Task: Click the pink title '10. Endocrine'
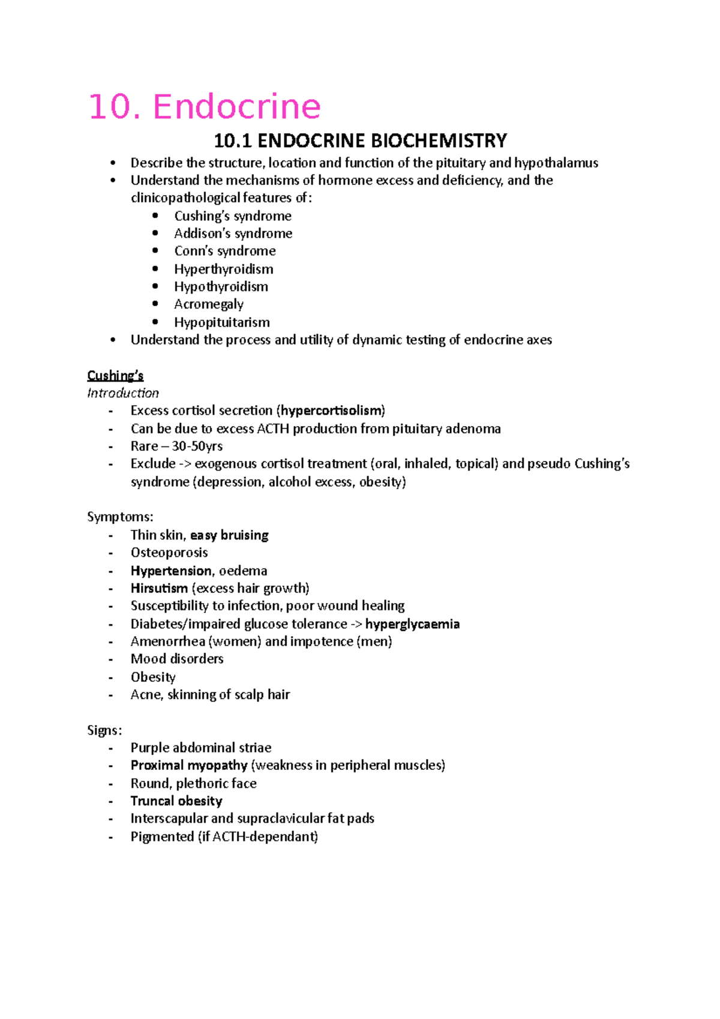click(x=204, y=107)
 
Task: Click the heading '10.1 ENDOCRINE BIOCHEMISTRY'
click(x=360, y=141)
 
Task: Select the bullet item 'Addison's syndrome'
click(x=233, y=233)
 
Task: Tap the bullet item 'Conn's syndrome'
click(x=224, y=251)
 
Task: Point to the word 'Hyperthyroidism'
click(x=223, y=269)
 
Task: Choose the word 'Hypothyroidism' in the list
click(x=221, y=286)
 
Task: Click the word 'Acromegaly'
click(x=209, y=304)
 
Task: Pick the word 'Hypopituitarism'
click(x=221, y=322)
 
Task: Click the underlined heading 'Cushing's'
click(x=115, y=376)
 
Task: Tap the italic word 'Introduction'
click(x=123, y=393)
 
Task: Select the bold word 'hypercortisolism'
click(x=331, y=410)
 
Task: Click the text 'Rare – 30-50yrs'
click(x=176, y=446)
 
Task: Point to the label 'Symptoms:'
click(x=120, y=517)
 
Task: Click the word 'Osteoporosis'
click(x=169, y=552)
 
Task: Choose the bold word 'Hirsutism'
click(x=159, y=588)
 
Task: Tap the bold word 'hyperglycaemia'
click(x=412, y=624)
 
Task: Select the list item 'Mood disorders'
click(x=177, y=659)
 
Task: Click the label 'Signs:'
click(x=104, y=730)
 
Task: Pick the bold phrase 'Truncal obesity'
click(x=176, y=801)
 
